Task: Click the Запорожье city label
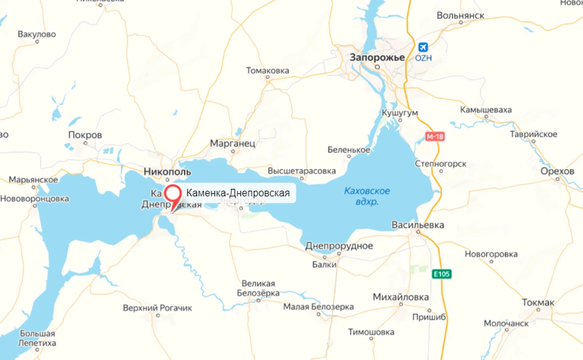click(377, 57)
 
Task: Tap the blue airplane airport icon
click(423, 47)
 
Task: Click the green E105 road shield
click(442, 274)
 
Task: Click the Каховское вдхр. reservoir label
click(367, 196)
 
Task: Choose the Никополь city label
click(167, 172)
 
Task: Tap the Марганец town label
click(233, 144)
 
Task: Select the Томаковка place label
click(267, 71)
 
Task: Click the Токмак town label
click(538, 302)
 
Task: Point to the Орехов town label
click(557, 171)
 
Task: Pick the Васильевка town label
click(417, 225)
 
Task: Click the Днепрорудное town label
click(339, 246)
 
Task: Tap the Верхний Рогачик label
click(157, 308)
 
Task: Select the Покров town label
click(85, 135)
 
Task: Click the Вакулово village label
click(37, 35)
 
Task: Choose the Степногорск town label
click(441, 163)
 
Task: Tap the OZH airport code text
click(423, 58)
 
